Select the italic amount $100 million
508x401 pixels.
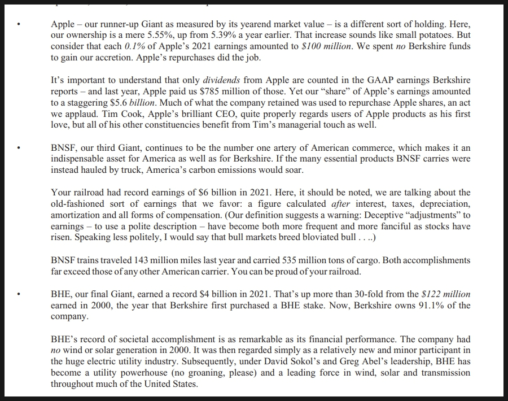329,46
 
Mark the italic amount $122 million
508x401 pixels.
446,294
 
